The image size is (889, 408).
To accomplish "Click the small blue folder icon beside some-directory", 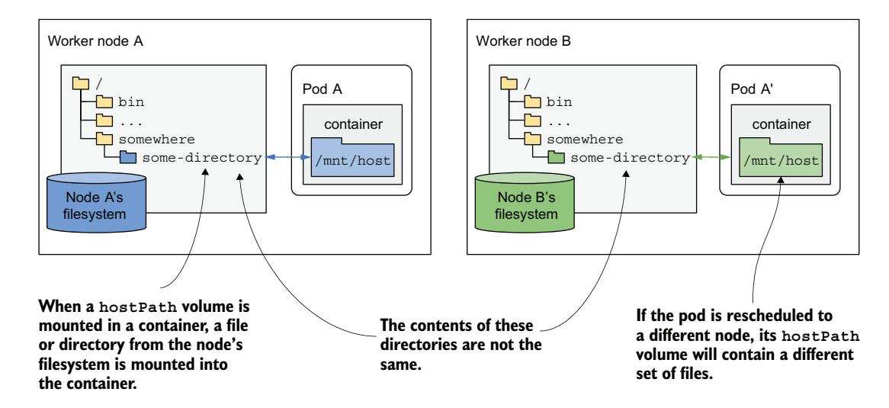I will (127, 158).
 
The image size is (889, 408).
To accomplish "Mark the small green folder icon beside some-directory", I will (554, 158).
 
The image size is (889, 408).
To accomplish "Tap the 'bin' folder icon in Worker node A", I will (104, 101).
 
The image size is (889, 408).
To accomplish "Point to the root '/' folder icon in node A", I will (79, 82).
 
